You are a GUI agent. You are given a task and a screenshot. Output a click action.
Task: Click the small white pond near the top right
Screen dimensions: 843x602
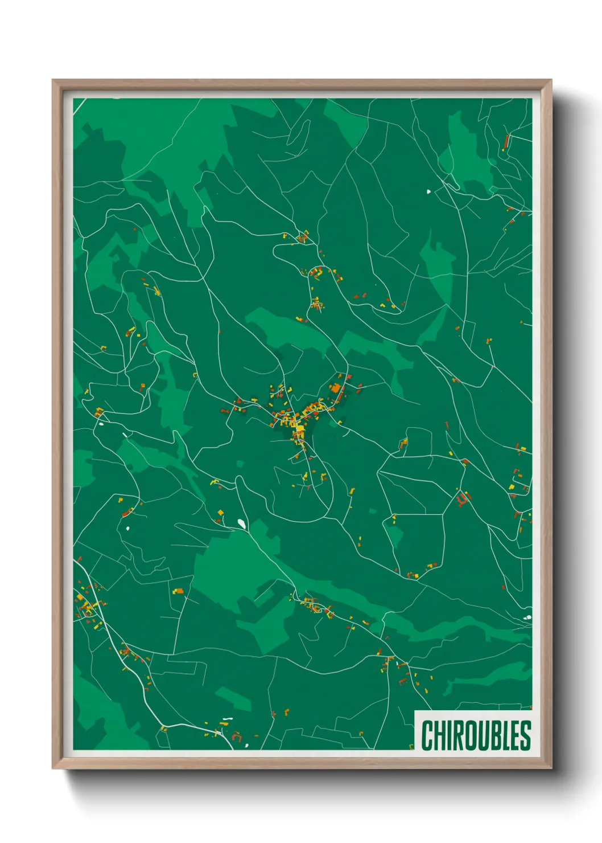428,191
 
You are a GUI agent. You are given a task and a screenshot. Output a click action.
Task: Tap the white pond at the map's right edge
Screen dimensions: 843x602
528,617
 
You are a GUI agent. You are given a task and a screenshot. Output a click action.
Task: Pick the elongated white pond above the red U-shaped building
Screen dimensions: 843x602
227,719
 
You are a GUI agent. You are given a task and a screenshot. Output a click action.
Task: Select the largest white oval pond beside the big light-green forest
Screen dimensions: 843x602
242,523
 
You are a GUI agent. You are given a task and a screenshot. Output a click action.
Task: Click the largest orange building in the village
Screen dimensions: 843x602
336,389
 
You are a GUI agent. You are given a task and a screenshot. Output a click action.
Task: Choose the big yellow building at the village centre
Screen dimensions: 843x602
299,428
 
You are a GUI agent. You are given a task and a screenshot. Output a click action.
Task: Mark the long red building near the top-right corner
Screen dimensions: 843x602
506,141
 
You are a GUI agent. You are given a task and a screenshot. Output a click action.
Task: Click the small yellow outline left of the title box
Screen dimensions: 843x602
411,746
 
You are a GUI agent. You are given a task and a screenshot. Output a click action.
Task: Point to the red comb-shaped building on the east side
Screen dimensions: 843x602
462,500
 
